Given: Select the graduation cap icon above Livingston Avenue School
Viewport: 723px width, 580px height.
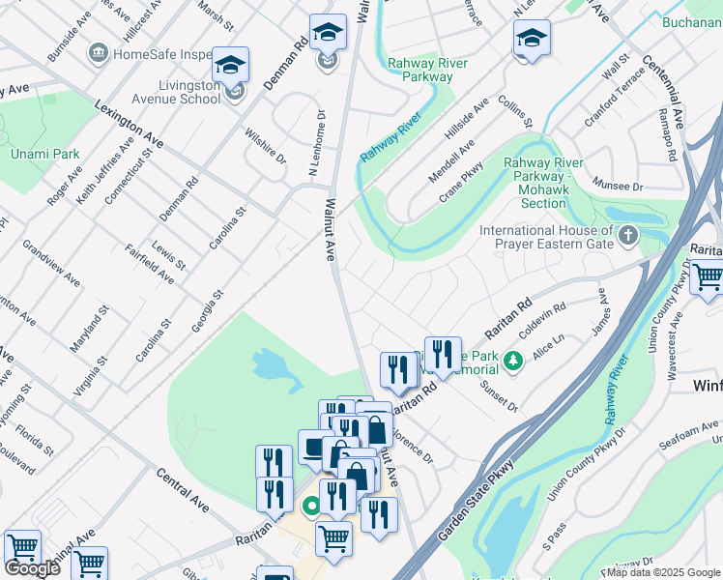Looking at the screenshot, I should click(x=230, y=65).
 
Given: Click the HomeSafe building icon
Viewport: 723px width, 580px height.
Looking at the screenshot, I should click(x=98, y=52).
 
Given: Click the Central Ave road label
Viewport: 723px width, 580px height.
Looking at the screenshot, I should click(x=183, y=490).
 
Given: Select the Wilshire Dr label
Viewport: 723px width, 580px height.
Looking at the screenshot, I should click(x=265, y=144).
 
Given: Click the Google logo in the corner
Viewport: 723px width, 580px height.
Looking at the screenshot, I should click(x=32, y=568).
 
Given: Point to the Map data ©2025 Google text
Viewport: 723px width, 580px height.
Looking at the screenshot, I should click(x=662, y=572).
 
